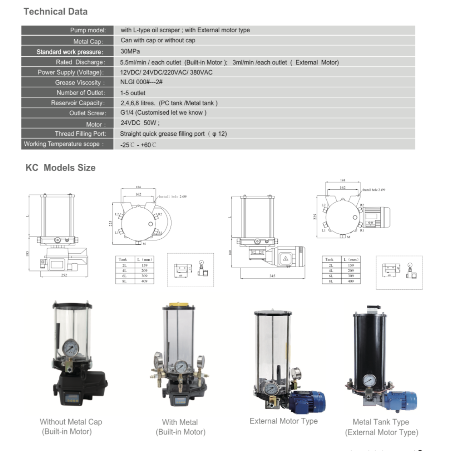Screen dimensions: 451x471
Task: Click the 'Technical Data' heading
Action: [55, 12]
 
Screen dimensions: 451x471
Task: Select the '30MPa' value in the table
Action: [130, 51]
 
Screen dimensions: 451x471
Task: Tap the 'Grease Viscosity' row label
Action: [80, 83]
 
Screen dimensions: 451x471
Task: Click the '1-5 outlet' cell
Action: [133, 93]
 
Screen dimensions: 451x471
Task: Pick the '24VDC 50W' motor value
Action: [139, 123]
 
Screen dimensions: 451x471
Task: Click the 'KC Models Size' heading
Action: [60, 168]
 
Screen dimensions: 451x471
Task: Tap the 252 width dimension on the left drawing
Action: [64, 275]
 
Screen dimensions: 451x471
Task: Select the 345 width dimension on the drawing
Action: [272, 276]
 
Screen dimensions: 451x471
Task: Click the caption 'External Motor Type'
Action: [283, 421]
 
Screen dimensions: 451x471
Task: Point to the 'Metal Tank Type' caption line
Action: [381, 422]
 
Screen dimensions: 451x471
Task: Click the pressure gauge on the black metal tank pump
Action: [369, 380]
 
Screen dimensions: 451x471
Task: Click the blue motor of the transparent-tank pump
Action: [307, 401]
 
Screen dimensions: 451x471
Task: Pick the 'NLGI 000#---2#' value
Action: [141, 82]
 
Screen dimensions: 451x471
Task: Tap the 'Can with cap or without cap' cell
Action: [158, 40]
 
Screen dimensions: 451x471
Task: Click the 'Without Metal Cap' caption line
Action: [71, 422]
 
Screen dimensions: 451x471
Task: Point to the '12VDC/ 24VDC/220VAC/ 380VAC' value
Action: [166, 72]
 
